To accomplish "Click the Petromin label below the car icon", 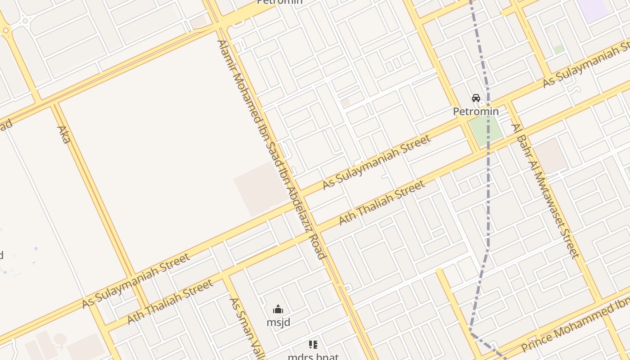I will (476, 111).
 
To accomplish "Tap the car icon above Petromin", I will (476, 98).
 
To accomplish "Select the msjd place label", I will (278, 322).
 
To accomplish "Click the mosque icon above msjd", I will (278, 310).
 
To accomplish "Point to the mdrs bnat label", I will (313, 356).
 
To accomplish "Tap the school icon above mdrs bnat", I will (313, 345).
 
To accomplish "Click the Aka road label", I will (63, 135).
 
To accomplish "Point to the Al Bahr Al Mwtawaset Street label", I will (545, 191).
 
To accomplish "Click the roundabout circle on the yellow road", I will (5, 31).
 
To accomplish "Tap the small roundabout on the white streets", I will (25, 20).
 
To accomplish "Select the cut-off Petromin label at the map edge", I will (279, 2).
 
